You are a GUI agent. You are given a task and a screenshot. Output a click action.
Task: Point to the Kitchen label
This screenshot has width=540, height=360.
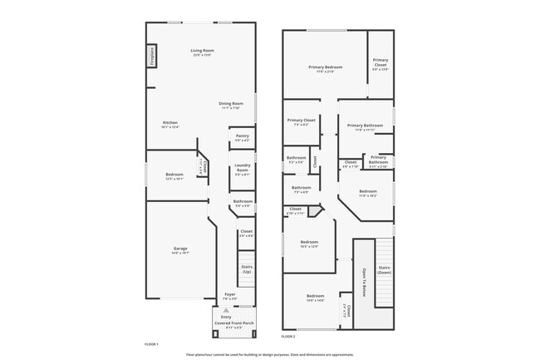pos(169,123)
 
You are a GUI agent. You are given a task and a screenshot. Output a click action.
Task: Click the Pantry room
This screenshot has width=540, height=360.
pos(242,137)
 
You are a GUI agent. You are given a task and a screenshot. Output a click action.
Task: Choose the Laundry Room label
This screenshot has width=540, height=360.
pos(243,167)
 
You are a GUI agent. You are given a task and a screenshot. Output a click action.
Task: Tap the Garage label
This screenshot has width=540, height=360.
pos(179,249)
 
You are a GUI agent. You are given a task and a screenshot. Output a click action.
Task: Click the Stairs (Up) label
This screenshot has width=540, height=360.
pos(246,269)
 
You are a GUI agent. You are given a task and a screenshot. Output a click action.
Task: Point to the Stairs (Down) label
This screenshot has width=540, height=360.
pos(384,269)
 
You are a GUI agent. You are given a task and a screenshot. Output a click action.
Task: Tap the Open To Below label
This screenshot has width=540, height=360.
pos(363,283)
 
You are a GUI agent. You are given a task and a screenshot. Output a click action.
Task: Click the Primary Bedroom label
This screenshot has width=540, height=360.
pos(325,67)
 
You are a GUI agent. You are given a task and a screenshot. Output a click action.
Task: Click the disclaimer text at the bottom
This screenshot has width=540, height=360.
pos(269,353)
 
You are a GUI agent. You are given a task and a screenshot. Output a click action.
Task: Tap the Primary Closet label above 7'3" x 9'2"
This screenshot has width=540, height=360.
pos(301,121)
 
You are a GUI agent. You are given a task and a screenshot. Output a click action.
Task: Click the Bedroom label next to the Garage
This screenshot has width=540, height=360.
pos(174,174)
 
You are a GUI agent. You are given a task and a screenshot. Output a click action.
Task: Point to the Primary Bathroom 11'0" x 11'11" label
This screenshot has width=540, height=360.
pos(365,126)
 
